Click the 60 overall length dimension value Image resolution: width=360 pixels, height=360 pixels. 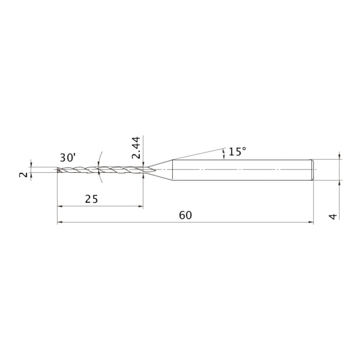tap(185, 215)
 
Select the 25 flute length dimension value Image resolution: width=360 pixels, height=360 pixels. tap(92, 199)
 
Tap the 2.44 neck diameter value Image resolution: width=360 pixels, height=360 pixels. tap(136, 148)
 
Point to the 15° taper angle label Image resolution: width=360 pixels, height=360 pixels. tap(237, 152)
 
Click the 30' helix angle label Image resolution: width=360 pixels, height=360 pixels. tap(68, 158)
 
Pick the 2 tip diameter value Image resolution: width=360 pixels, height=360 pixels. tap(23, 175)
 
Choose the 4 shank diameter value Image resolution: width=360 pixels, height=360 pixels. tap(333, 216)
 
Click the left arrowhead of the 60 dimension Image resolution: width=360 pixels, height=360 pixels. tap(60, 222)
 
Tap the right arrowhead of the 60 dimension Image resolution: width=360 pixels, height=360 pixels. tap(311, 222)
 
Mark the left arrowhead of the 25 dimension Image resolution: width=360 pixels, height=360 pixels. tap(60, 206)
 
